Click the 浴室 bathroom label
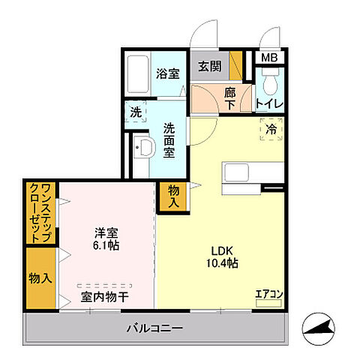(167, 73)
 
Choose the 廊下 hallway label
(231, 98)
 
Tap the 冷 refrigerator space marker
(271, 129)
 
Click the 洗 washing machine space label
(136, 112)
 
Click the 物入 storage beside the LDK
(172, 197)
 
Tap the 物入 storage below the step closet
(40, 278)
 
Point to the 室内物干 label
(104, 297)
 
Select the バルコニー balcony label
(154, 328)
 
